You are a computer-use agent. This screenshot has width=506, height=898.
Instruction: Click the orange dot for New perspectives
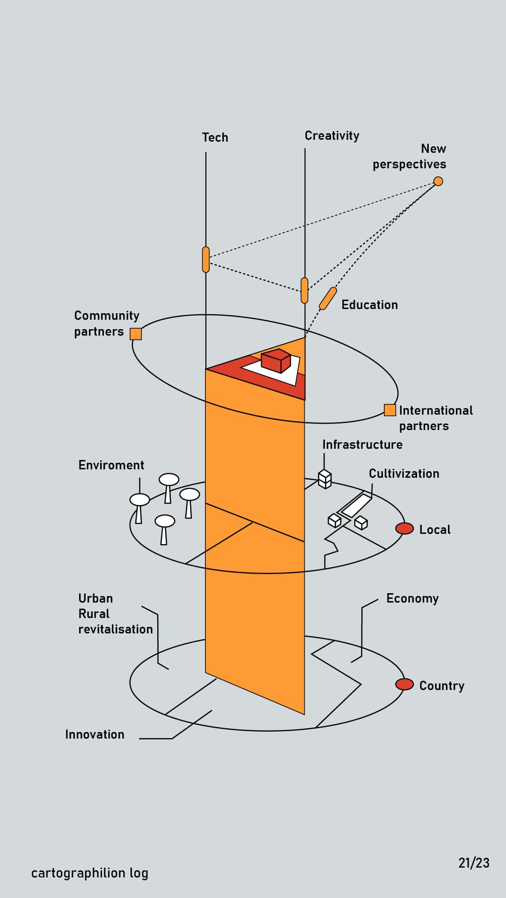(x=438, y=181)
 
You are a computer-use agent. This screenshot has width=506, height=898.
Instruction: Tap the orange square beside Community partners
(x=136, y=334)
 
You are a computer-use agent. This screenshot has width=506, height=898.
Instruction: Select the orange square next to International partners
(x=389, y=410)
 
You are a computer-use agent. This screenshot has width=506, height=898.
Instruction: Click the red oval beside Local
(x=404, y=528)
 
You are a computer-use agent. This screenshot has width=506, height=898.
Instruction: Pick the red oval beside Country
(x=404, y=684)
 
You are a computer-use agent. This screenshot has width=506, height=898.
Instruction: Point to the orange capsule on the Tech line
(x=206, y=259)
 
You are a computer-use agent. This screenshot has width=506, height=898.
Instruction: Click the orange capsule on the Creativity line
(x=305, y=290)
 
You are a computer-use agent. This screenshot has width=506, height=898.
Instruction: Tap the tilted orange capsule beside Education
(x=328, y=298)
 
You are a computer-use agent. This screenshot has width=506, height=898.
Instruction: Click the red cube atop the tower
(x=276, y=361)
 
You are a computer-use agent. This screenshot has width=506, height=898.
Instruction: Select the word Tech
(x=215, y=137)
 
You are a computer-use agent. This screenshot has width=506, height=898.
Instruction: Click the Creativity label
(x=332, y=136)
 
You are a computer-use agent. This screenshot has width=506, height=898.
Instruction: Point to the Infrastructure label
(x=362, y=445)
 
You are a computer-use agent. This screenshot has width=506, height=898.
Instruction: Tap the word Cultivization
(x=404, y=474)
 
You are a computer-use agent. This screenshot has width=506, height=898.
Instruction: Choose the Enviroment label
(x=111, y=465)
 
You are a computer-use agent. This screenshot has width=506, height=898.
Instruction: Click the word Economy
(x=412, y=599)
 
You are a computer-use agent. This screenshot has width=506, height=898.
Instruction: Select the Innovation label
(x=95, y=734)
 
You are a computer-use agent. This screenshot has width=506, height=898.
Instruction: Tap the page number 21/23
(x=474, y=863)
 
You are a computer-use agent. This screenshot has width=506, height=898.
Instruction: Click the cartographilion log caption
(x=89, y=873)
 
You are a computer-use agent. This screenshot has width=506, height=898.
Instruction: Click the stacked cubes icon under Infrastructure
(x=325, y=479)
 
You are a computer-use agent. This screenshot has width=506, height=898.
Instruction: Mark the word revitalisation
(x=116, y=629)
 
